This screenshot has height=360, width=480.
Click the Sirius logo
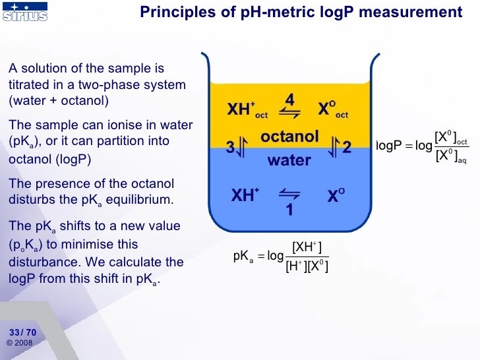pyautogui.click(x=24, y=13)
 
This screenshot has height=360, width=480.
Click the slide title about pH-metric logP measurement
pyautogui.click(x=302, y=13)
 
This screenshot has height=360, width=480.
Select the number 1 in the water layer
pyautogui.click(x=289, y=210)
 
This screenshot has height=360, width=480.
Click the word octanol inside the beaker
pyautogui.click(x=289, y=138)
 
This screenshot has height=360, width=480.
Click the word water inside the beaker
pyautogui.click(x=289, y=160)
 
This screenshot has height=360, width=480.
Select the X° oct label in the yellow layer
pyautogui.click(x=333, y=111)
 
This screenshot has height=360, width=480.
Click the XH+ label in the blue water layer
pyautogui.click(x=245, y=196)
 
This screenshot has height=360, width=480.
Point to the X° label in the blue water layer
pyautogui.click(x=333, y=196)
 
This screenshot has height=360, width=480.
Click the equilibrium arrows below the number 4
pyautogui.click(x=290, y=113)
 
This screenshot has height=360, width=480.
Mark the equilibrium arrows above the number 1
pyautogui.click(x=289, y=194)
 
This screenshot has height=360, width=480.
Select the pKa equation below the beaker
pyautogui.click(x=281, y=257)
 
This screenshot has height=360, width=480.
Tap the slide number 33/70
pyautogui.click(x=22, y=332)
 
